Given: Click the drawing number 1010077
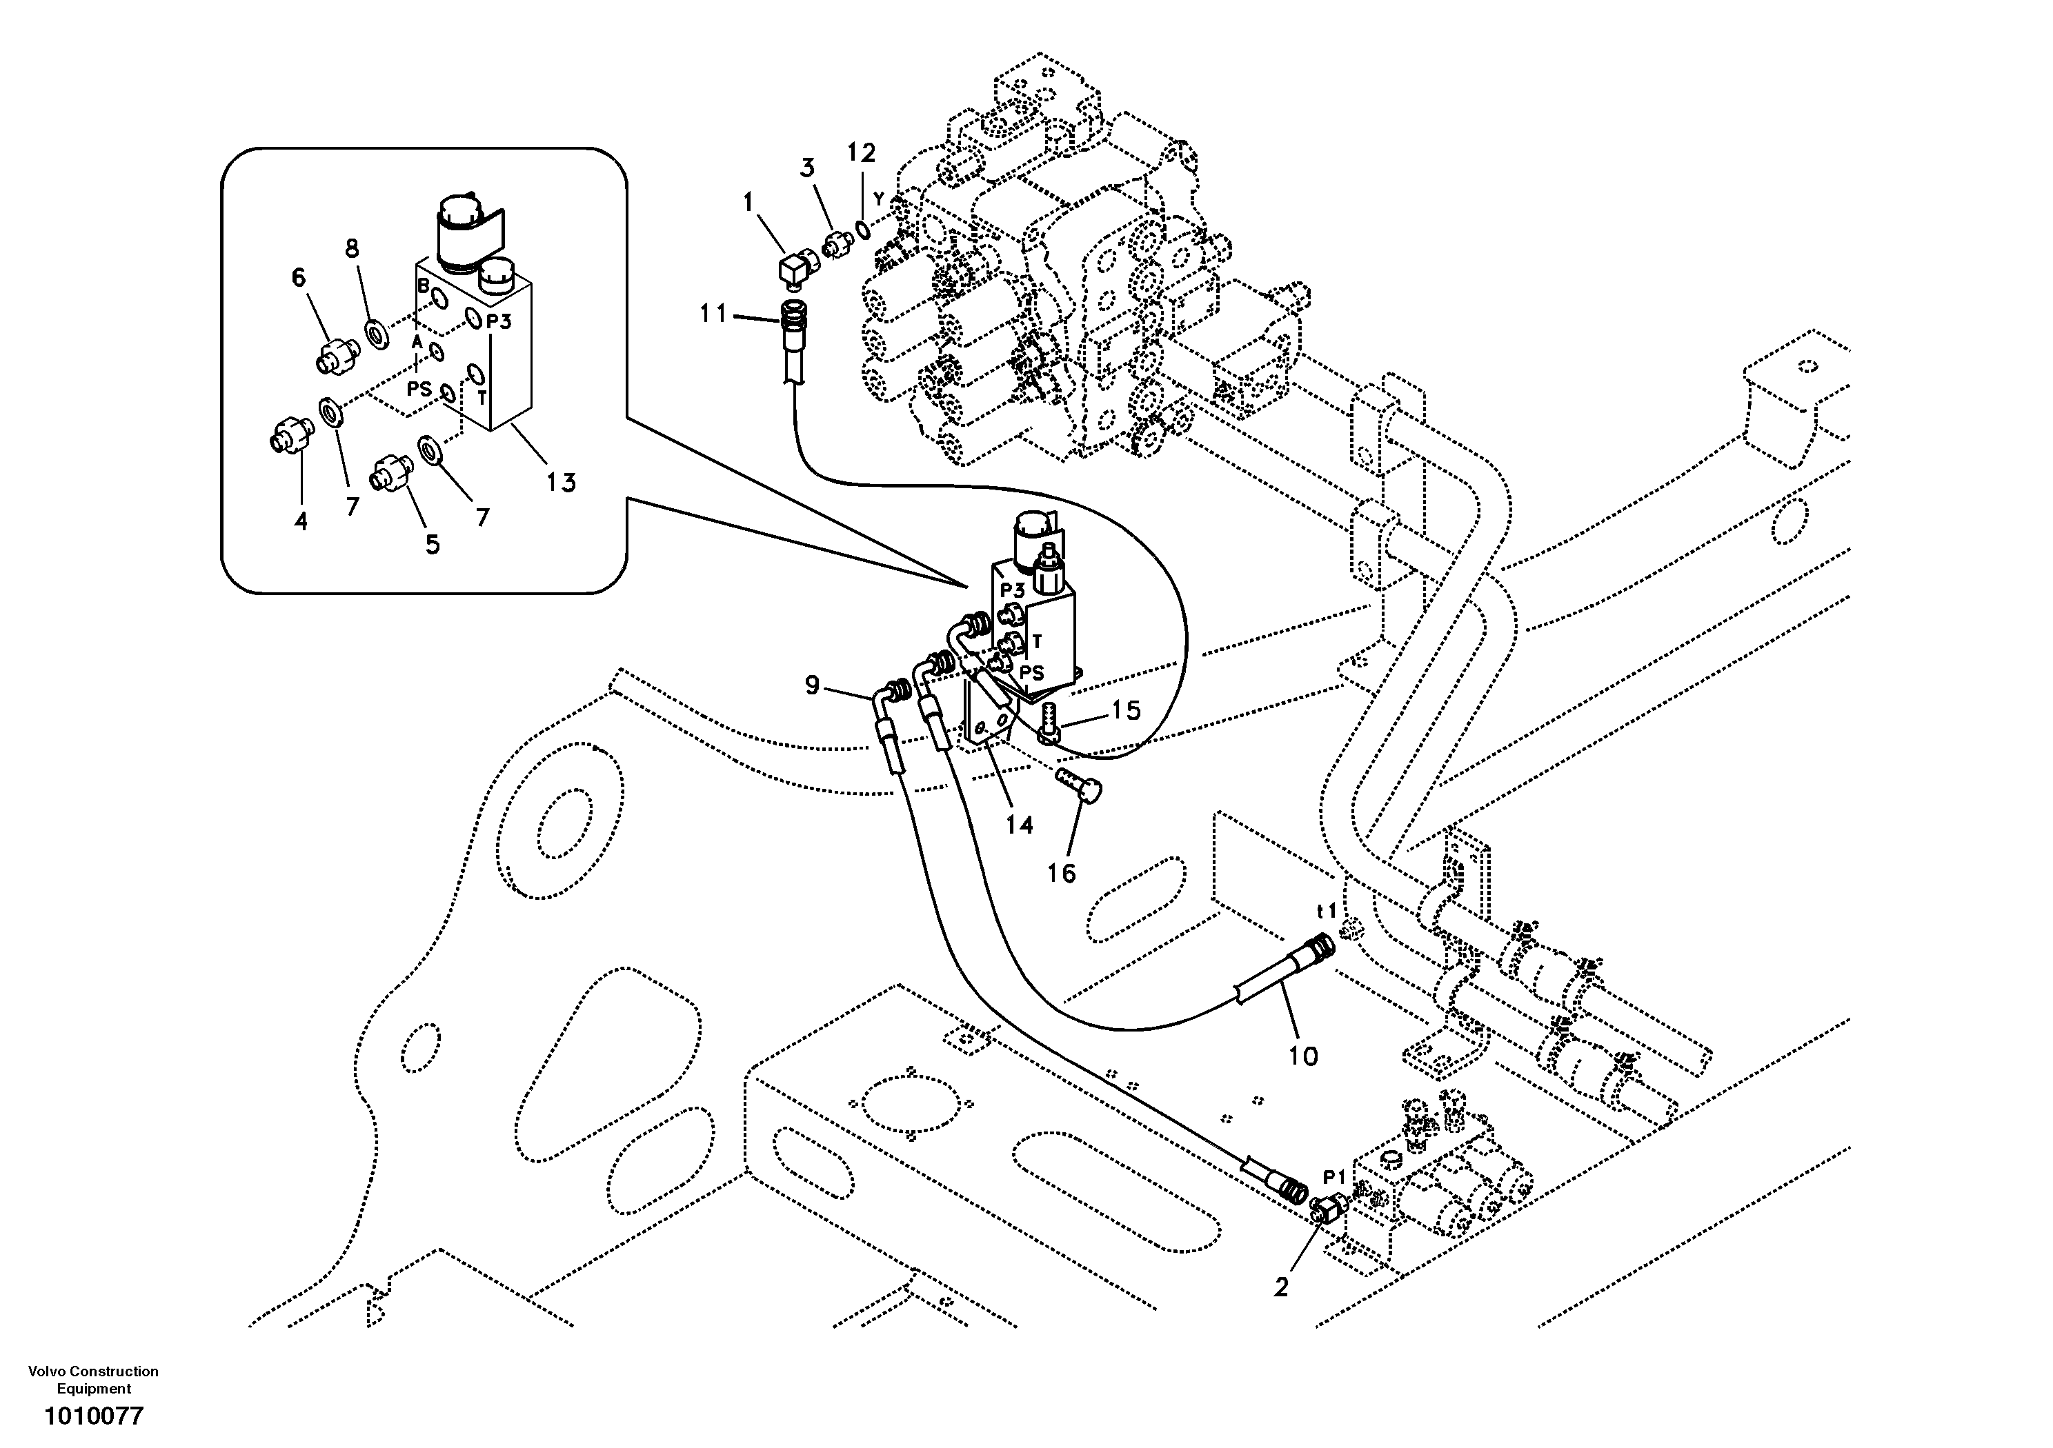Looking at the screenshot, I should [x=94, y=1417].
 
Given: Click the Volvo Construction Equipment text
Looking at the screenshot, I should [x=94, y=1379].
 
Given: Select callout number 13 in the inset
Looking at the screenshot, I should [x=561, y=483].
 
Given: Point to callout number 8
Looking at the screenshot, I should [x=353, y=248].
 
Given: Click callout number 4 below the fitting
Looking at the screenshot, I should [x=301, y=521].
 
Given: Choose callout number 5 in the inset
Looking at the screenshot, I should [x=433, y=544].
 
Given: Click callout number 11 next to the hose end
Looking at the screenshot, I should [x=713, y=314].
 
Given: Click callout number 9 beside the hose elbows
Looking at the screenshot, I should [x=812, y=685].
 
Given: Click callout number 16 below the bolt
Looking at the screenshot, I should [x=1062, y=873].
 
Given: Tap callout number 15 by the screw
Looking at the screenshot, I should [x=1126, y=711].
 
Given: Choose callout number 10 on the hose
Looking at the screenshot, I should [x=1303, y=1056].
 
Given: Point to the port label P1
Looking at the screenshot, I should [x=1334, y=1176].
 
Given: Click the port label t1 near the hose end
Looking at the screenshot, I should [x=1327, y=911].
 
